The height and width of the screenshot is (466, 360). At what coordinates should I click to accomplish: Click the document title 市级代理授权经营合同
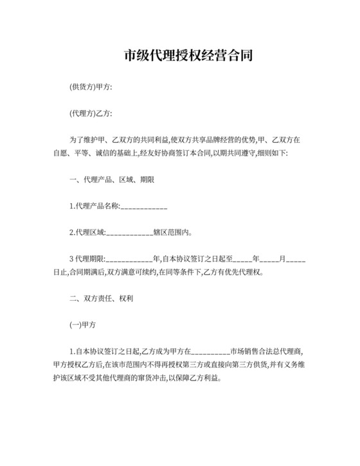pyautogui.click(x=179, y=55)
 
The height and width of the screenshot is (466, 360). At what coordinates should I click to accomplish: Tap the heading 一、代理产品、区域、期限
pyautogui.click(x=111, y=180)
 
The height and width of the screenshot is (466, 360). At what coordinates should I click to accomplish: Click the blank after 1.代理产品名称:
pyautogui.click(x=144, y=207)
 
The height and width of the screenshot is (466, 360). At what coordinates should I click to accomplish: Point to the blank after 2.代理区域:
pyautogui.click(x=129, y=233)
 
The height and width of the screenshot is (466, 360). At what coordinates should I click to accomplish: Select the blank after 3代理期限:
pyautogui.click(x=129, y=259)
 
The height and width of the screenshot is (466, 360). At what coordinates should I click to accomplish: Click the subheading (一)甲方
pyautogui.click(x=82, y=325)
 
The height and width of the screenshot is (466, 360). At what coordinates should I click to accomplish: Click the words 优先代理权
pyautogui.click(x=245, y=272)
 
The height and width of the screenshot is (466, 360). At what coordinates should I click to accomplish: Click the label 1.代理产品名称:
pyautogui.click(x=94, y=206)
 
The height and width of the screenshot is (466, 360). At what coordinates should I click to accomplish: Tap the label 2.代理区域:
pyautogui.click(x=87, y=233)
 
